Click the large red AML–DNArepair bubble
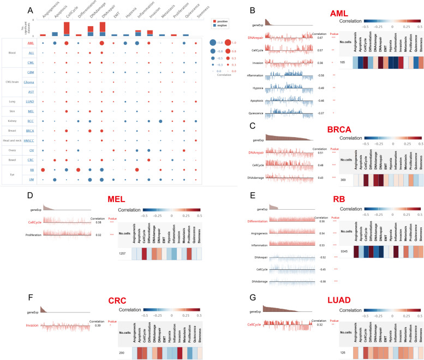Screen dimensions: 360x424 point(102,43)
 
